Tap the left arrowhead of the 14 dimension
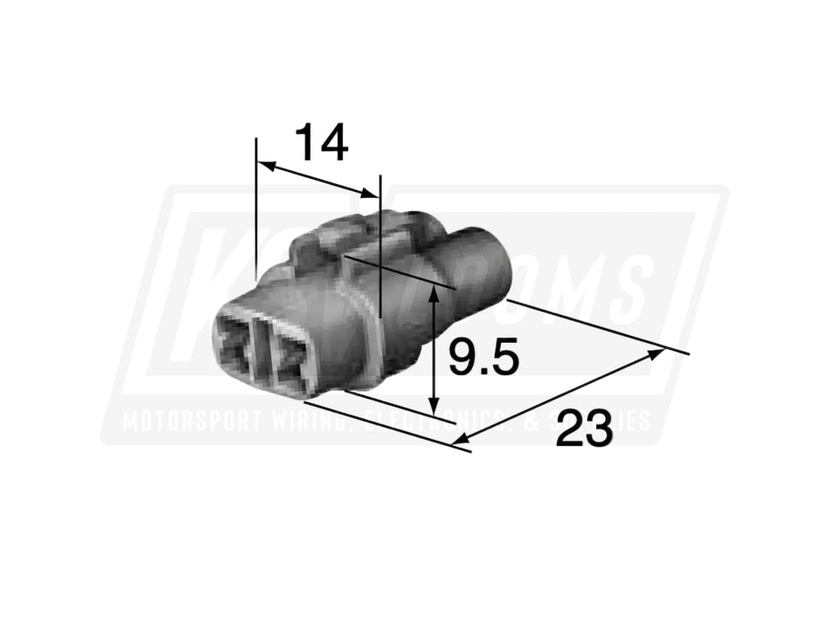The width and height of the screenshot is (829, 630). [x=264, y=163]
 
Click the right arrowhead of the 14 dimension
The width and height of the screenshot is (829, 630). [x=373, y=193]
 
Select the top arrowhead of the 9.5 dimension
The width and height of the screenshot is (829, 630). [x=434, y=294]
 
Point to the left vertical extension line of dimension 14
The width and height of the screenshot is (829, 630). [x=257, y=209]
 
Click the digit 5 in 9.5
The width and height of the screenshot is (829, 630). [x=505, y=358]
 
